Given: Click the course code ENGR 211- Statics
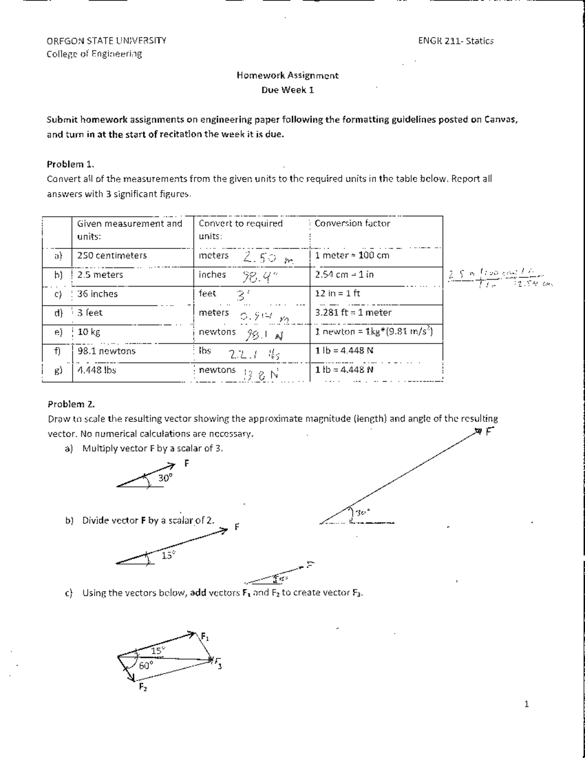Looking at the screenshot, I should coord(456,41).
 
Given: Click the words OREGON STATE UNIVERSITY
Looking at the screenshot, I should coord(106,41).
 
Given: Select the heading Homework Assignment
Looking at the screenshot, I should coord(287,75).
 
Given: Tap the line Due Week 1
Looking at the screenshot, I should coord(287,90).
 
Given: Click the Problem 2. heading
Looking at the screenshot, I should coord(71,404).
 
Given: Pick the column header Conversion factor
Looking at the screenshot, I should coord(352,224).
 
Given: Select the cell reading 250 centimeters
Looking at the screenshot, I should coord(112,255).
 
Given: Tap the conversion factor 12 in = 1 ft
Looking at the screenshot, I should coord(338,293).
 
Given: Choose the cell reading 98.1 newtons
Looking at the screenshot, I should coord(107,351).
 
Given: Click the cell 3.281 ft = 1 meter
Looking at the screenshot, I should coord(353,312).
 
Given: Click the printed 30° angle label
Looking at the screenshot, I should coord(166,478).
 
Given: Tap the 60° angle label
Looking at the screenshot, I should coord(146,665).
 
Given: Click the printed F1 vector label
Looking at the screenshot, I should coord(206,636).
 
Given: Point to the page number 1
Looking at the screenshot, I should coord(526,704).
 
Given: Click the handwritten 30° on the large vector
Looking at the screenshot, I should coord(363,512).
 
